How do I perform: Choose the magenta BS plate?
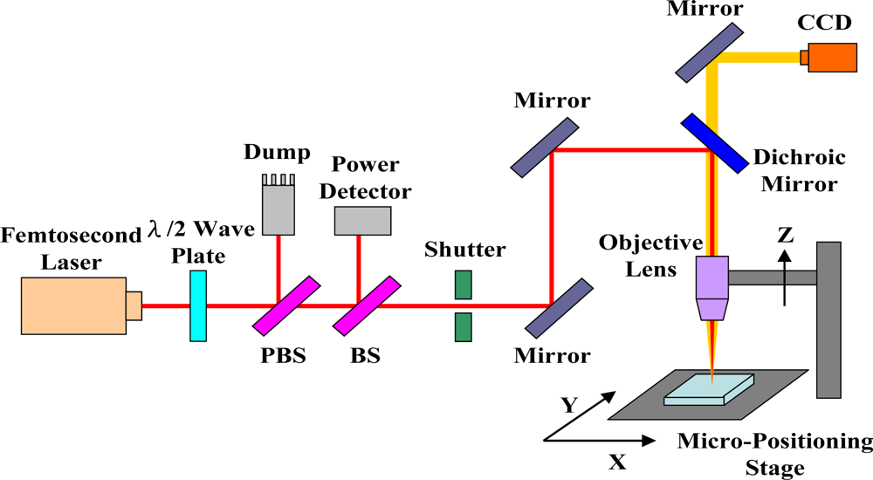pos(367,305)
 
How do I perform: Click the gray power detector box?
pos(362,221)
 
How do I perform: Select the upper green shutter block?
pos(464,285)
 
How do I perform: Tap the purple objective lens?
pos(711,287)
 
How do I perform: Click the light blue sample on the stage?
pos(708,388)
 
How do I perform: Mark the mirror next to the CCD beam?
pos(707,50)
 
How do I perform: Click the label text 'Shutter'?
pos(464,250)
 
